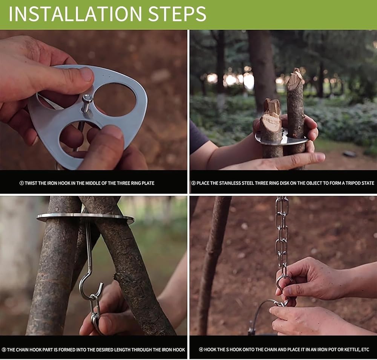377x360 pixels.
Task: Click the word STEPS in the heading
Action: click(x=177, y=14)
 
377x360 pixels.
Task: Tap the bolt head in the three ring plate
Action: click(x=87, y=98)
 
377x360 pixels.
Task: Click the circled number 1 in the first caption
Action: click(x=21, y=183)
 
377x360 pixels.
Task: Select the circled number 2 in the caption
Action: click(x=193, y=183)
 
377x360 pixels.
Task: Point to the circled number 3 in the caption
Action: click(x=4, y=350)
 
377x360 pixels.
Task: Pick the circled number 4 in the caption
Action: click(x=201, y=350)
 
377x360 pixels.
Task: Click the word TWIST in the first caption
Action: click(x=31, y=183)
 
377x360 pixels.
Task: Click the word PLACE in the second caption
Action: click(x=203, y=183)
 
